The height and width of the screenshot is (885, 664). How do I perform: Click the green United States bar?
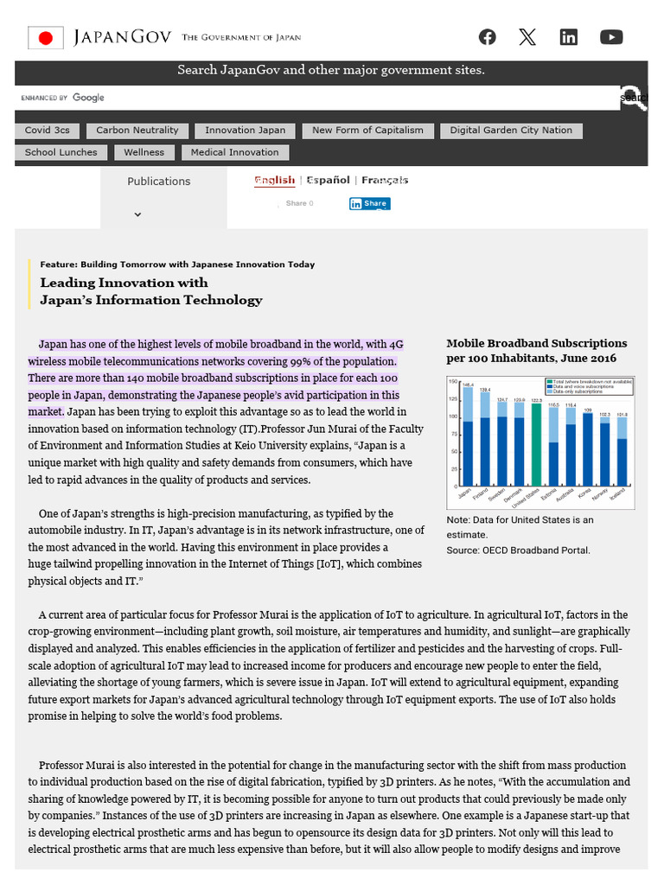pyautogui.click(x=536, y=445)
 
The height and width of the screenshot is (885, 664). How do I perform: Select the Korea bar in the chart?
pyautogui.click(x=587, y=449)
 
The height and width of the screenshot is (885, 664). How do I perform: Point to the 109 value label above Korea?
pyautogui.click(x=587, y=409)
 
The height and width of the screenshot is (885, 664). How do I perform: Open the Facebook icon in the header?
pyautogui.click(x=488, y=36)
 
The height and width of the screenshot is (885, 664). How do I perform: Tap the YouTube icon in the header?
pyautogui.click(x=611, y=36)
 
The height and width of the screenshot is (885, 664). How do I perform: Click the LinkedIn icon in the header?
pyautogui.click(x=569, y=36)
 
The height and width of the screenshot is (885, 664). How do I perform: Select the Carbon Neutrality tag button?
pyautogui.click(x=137, y=131)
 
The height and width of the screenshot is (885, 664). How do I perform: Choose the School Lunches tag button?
pyautogui.click(x=61, y=152)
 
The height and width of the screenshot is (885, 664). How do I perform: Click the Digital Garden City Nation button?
pyautogui.click(x=511, y=131)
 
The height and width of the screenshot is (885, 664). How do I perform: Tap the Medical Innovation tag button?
pyautogui.click(x=234, y=152)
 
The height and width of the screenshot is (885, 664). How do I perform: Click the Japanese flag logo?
pyautogui.click(x=46, y=37)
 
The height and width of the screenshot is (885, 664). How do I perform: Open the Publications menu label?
pyautogui.click(x=158, y=181)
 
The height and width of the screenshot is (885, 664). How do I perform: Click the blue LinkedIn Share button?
pyautogui.click(x=369, y=204)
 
